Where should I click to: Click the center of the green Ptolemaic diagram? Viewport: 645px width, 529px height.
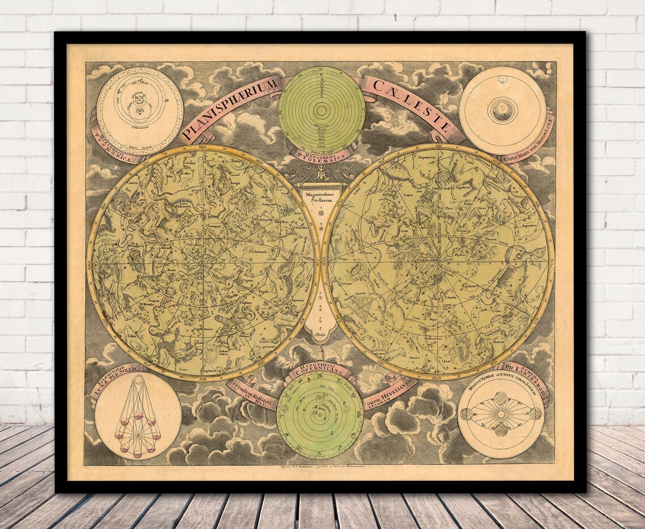(321, 110)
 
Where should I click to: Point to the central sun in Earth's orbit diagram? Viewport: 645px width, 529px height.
(501, 414)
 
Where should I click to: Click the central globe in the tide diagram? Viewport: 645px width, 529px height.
(502, 110)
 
